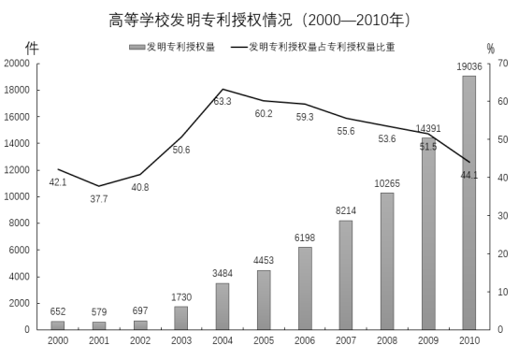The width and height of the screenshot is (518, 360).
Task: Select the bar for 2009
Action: click(427, 233)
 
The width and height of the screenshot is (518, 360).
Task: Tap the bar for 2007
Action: click(345, 275)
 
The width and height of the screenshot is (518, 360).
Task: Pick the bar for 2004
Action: click(223, 306)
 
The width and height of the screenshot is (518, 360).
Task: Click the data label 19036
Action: click(468, 66)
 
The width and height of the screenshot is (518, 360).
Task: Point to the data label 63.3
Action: click(223, 101)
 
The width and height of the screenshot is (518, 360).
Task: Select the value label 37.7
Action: click(99, 199)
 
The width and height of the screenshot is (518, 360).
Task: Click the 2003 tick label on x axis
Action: click(181, 340)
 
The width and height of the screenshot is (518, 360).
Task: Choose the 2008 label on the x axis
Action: click(386, 340)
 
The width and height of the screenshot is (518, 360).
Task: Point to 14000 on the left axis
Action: click(18, 143)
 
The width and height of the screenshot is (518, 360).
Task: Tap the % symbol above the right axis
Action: click(491, 49)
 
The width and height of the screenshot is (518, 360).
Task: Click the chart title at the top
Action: click(259, 20)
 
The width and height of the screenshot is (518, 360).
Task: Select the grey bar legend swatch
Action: click(137, 46)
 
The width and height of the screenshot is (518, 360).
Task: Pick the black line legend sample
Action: click(241, 46)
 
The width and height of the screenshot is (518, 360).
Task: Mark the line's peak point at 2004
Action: click(223, 90)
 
